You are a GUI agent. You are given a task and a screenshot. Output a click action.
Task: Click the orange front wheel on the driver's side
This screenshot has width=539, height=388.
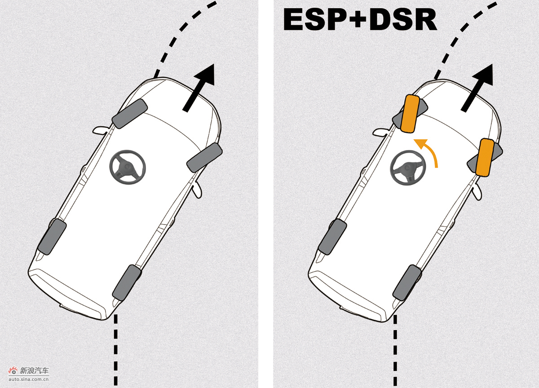pyautogui.click(x=411, y=114)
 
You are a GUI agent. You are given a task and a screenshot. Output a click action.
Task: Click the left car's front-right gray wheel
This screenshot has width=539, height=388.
pyautogui.click(x=204, y=158)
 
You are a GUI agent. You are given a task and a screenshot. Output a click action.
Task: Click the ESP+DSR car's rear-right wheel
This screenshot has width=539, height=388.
pyautogui.click(x=407, y=282)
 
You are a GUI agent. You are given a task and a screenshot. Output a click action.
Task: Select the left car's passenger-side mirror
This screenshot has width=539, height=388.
pyautogui.click(x=197, y=190)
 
